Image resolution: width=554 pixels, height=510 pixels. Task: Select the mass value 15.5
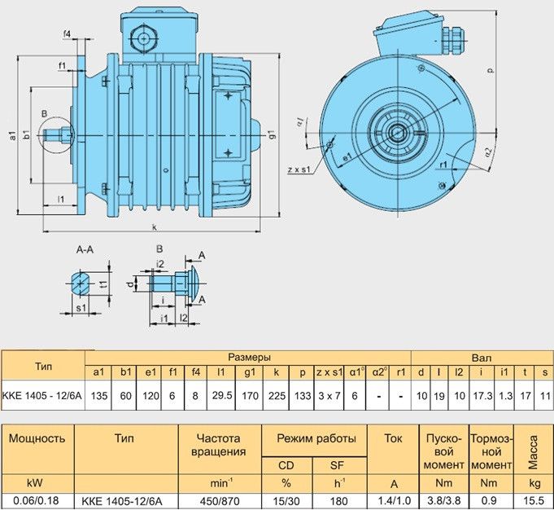pyautogui.click(x=533, y=500)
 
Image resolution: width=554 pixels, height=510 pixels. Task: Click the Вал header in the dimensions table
pyautogui.click(x=482, y=357)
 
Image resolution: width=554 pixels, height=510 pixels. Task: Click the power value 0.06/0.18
pyautogui.click(x=36, y=500)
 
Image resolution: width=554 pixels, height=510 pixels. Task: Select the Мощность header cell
pyautogui.click(x=36, y=437)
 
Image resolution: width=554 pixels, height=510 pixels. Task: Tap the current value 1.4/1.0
pyautogui.click(x=394, y=500)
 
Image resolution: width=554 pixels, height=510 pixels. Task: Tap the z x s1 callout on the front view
pyautogui.click(x=301, y=169)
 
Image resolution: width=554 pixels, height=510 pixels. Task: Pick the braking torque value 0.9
pyautogui.click(x=491, y=500)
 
